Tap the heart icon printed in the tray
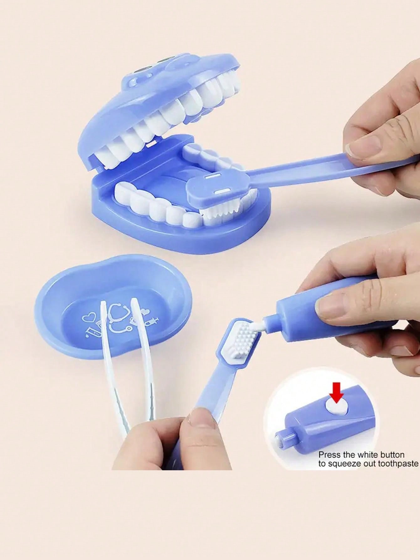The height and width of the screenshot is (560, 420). pyautogui.click(x=88, y=318)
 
